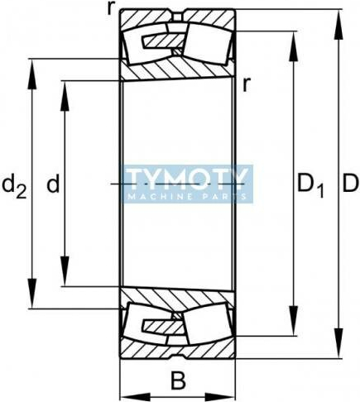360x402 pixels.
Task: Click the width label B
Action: coord(178,380)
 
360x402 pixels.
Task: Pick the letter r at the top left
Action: coord(111,8)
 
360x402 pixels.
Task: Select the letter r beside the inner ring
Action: coord(246,84)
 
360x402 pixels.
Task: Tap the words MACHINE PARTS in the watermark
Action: coord(188,197)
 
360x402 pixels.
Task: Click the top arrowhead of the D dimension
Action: coord(338,26)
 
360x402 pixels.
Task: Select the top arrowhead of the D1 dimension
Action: coord(294,47)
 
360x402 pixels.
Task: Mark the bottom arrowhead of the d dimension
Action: coord(65,271)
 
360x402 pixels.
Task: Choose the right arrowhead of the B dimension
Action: coord(220,397)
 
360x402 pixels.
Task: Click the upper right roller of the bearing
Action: coord(208,44)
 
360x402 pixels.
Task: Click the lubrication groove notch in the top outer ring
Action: coord(178,16)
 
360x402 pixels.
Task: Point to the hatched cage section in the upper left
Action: coord(163,41)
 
